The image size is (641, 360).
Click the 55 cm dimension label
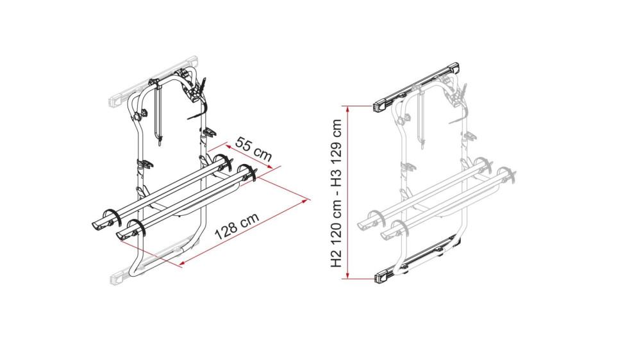point(253,148)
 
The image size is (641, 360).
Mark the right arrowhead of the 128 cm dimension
point(303,200)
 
